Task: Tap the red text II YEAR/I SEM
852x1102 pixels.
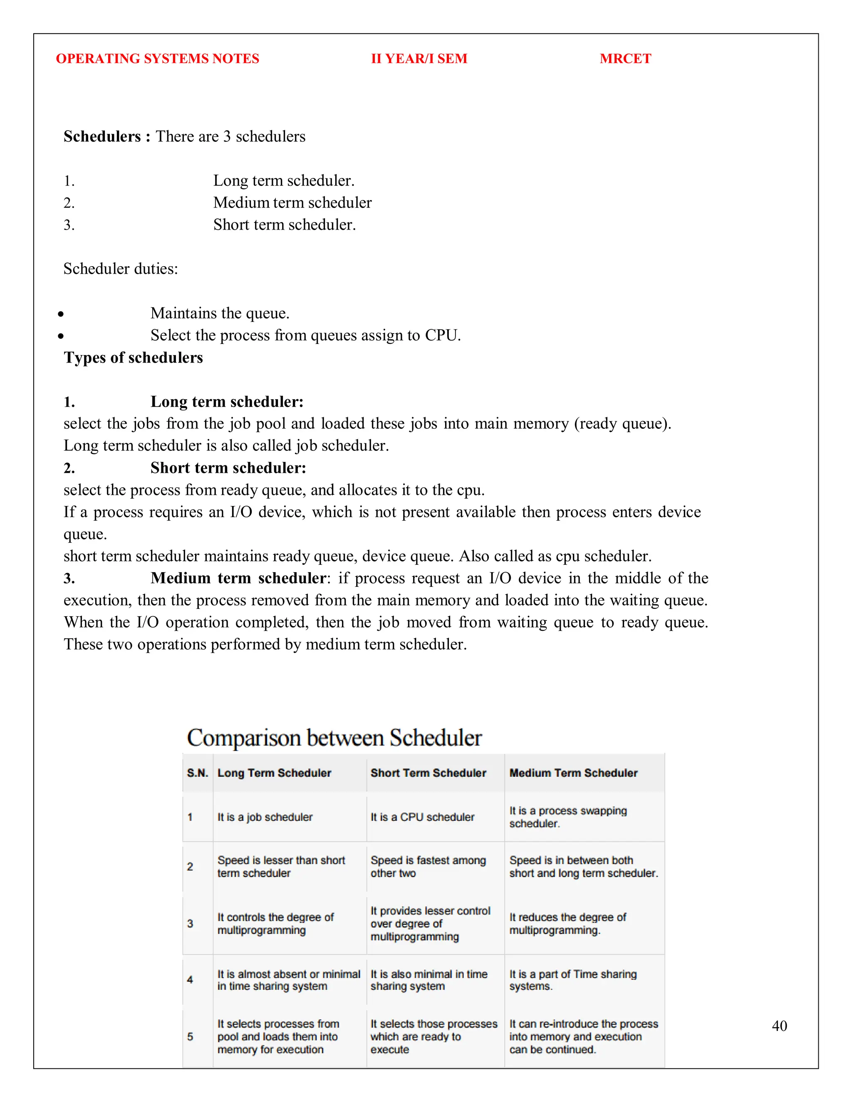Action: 419,59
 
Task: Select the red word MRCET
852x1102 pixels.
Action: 625,59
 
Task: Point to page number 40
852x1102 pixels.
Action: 779,1025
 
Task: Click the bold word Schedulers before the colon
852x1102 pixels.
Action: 102,136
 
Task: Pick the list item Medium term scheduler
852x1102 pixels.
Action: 292,203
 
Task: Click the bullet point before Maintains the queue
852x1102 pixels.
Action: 61,314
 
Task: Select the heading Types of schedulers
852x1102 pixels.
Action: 133,357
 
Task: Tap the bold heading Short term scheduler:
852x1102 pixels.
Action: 228,468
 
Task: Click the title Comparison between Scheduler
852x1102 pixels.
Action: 334,738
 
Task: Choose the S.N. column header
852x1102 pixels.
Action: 197,773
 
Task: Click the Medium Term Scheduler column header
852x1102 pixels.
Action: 573,773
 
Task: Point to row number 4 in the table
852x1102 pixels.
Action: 190,979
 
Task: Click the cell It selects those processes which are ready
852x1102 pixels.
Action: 433,1036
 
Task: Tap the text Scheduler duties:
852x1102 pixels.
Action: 121,269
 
